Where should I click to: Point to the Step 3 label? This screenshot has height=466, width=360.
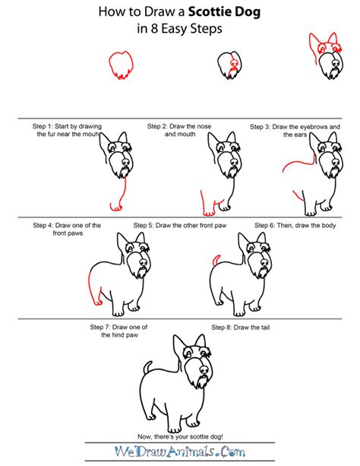point(268,125)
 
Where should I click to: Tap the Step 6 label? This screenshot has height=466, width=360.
point(268,225)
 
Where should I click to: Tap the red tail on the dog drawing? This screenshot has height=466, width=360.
point(215,262)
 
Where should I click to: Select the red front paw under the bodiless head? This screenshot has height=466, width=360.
point(115,205)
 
